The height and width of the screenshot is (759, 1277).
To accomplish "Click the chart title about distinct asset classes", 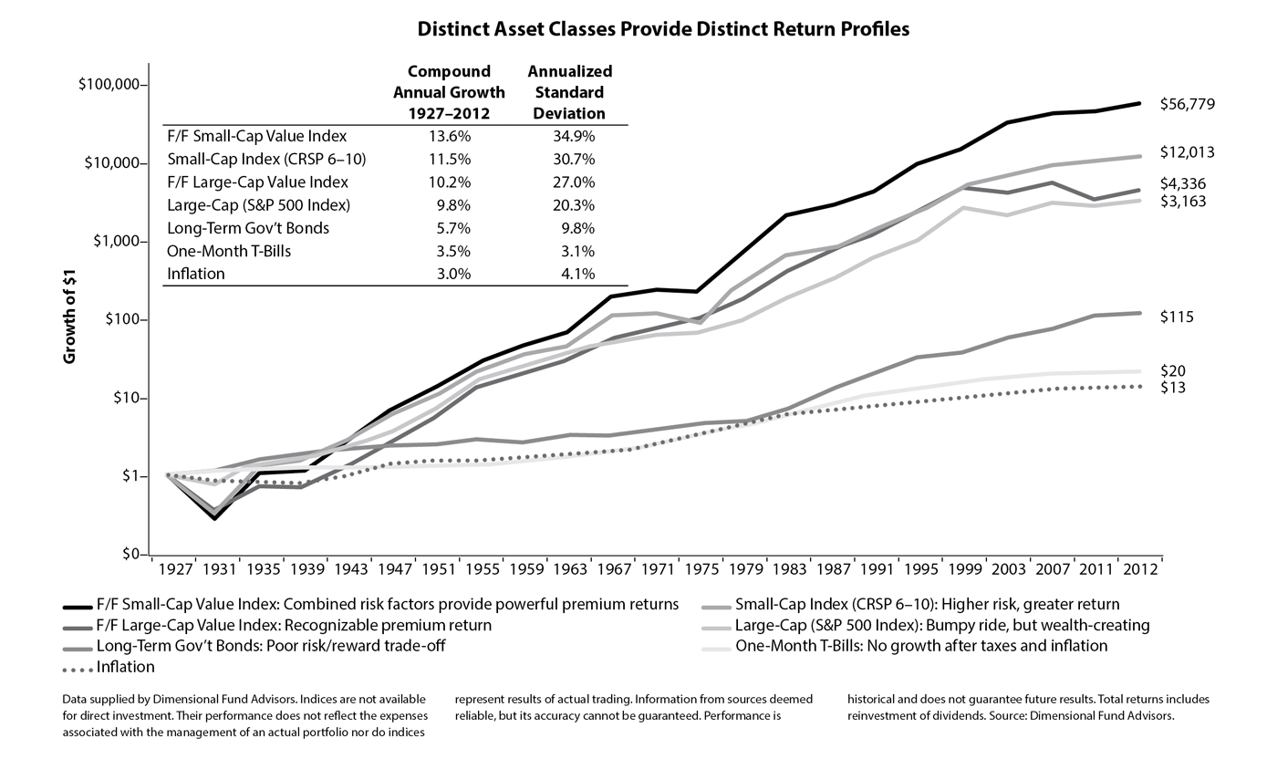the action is tap(663, 29).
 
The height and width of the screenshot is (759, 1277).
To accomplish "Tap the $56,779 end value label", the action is tap(1188, 104).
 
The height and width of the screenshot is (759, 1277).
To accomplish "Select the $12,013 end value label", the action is tap(1188, 152).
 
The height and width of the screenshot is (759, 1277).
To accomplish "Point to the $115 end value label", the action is tap(1177, 317).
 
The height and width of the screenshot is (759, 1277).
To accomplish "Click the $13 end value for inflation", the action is tap(1173, 388).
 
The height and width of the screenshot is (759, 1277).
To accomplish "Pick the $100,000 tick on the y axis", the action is tap(109, 85).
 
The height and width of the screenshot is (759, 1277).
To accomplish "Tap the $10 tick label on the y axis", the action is tap(128, 398).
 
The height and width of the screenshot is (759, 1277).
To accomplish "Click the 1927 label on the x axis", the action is tap(175, 569).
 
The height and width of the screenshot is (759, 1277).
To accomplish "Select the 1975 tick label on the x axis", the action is tap(702, 569).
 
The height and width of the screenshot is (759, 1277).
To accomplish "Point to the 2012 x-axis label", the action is tap(1140, 569).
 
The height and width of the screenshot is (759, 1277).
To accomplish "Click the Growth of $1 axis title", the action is tap(69, 317).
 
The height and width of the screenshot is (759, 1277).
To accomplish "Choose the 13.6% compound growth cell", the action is tap(450, 136).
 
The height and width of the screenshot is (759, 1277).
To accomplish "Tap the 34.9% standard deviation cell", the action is tap(574, 136).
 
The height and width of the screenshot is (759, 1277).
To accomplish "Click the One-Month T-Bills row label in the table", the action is tap(229, 251).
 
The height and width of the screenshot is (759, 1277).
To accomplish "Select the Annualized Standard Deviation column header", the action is tap(569, 92).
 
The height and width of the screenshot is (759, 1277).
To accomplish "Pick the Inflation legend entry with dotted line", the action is tap(109, 667).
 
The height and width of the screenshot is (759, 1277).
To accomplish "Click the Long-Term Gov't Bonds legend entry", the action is tap(254, 646).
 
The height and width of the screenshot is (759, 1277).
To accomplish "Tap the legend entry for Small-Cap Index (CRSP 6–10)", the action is tap(911, 605).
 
